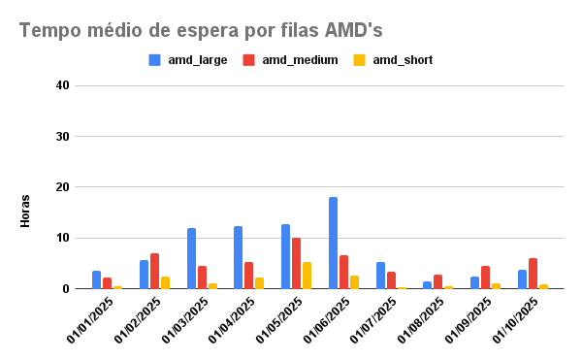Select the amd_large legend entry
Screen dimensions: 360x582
click(x=187, y=60)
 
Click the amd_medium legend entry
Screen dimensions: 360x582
click(x=290, y=60)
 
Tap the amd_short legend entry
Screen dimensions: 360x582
click(x=392, y=60)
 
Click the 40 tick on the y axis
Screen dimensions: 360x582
click(x=62, y=85)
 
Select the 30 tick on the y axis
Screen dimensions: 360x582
click(x=62, y=137)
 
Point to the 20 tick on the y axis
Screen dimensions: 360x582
click(x=62, y=187)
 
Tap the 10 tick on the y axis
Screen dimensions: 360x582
click(x=62, y=238)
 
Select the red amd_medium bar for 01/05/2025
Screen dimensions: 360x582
click(x=296, y=263)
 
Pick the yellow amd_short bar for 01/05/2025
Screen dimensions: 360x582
click(x=307, y=276)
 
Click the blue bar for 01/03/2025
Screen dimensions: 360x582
click(x=191, y=258)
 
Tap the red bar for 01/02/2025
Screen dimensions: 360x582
click(x=154, y=271)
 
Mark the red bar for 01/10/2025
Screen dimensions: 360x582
click(x=533, y=274)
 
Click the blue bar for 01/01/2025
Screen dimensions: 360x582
click(x=97, y=279)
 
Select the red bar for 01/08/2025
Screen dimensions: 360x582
click(x=438, y=281)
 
